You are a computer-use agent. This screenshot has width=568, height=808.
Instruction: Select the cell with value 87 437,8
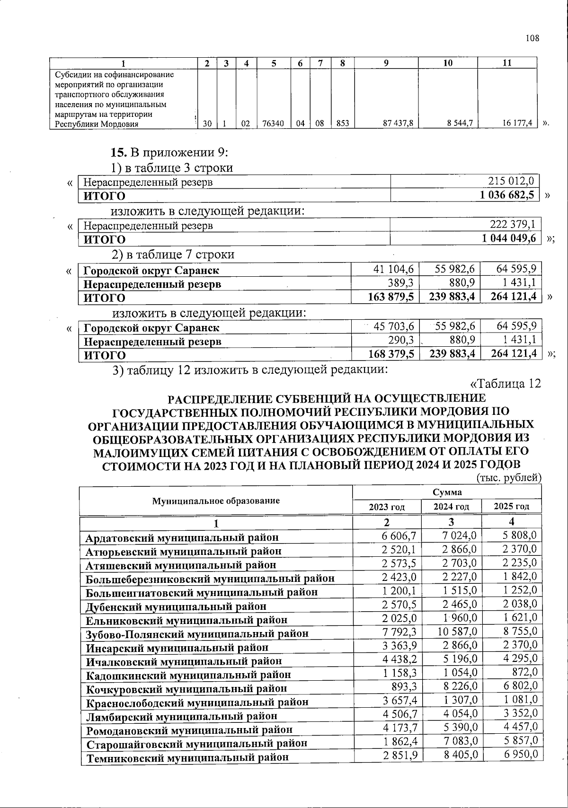click(x=400, y=123)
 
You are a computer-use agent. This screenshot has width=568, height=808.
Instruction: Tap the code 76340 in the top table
click(x=274, y=123)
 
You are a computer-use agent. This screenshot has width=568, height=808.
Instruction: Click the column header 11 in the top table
click(x=506, y=63)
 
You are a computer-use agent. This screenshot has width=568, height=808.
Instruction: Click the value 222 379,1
click(x=513, y=225)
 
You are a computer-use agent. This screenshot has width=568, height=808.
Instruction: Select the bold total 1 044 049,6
click(x=509, y=238)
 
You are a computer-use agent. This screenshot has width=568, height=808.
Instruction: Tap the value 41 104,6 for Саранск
click(x=394, y=269)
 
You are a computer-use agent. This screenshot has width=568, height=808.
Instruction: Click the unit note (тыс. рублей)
click(x=508, y=478)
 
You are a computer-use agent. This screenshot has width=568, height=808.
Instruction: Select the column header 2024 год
click(x=451, y=507)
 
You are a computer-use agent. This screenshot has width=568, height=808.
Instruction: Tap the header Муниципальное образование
click(x=216, y=501)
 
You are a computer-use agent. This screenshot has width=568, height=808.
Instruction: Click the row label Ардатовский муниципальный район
click(x=182, y=538)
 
